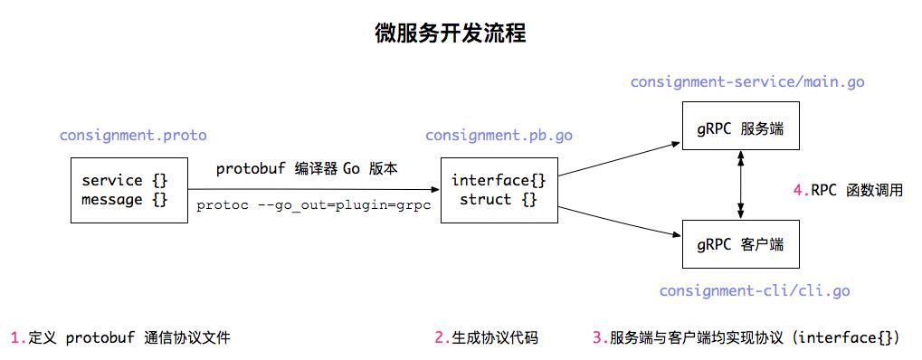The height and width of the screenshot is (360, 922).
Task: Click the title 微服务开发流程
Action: click(451, 34)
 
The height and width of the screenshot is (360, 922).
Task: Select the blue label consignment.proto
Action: click(133, 136)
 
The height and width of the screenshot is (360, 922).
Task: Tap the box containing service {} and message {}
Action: click(125, 190)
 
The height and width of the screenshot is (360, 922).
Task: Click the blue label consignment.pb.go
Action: click(499, 136)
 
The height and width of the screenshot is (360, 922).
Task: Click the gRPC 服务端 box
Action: click(741, 129)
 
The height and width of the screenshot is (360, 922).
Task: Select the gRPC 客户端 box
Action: click(741, 244)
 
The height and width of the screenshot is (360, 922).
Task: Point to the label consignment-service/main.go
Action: click(747, 82)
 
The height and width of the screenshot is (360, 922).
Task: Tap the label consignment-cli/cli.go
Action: click(755, 291)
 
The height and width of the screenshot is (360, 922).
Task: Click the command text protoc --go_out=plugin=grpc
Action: click(313, 206)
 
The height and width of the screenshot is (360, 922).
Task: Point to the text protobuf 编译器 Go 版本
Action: click(308, 169)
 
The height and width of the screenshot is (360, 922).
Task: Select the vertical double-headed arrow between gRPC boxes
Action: click(742, 186)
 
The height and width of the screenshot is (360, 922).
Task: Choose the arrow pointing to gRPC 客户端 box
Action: click(620, 221)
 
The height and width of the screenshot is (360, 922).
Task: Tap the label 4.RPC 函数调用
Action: click(848, 191)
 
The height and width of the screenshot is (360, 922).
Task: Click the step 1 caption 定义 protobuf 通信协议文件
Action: click(120, 338)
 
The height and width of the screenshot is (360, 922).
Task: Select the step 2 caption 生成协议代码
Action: click(486, 338)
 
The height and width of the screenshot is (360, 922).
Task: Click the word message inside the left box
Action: click(112, 199)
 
